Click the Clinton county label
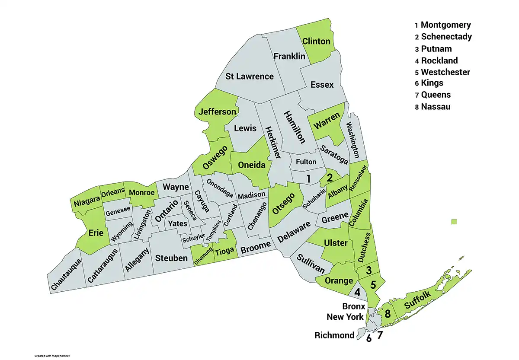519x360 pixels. tap(316, 41)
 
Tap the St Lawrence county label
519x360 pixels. tap(250, 76)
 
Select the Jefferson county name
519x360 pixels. tap(217, 112)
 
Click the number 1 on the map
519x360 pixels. tap(308, 178)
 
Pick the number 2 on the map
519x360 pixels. tap(330, 177)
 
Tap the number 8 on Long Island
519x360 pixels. tap(388, 314)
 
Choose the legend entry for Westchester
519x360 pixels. tap(445, 72)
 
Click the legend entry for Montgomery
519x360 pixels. tap(445, 25)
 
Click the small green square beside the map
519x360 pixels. tap(454, 222)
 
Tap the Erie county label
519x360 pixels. tap(96, 233)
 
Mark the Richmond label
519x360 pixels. tap(334, 335)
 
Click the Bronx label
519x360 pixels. tap(353, 306)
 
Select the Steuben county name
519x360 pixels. tap(171, 258)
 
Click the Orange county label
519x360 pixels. tap(339, 281)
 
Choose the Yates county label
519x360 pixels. tap(178, 224)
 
